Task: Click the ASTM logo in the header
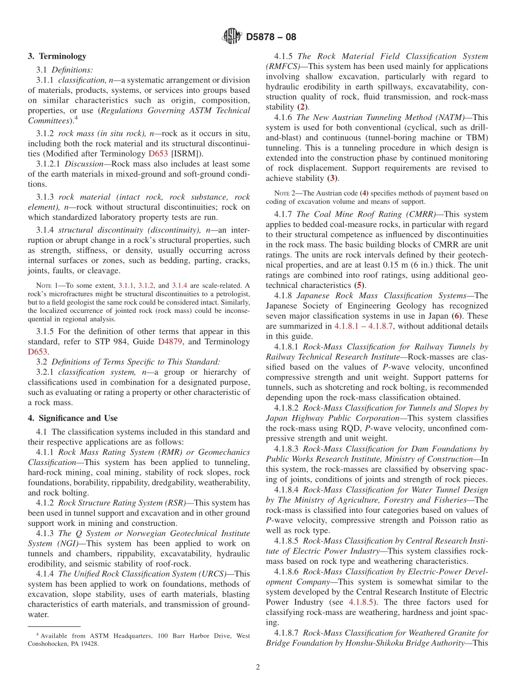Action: (x=232, y=37)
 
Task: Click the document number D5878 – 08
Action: (x=271, y=37)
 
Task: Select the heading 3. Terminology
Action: (x=57, y=56)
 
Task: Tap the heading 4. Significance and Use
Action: (x=72, y=418)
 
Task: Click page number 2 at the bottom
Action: (x=258, y=668)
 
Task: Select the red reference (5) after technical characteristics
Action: (x=358, y=285)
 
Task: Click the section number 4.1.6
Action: (x=284, y=117)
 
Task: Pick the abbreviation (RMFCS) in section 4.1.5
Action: (x=282, y=66)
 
